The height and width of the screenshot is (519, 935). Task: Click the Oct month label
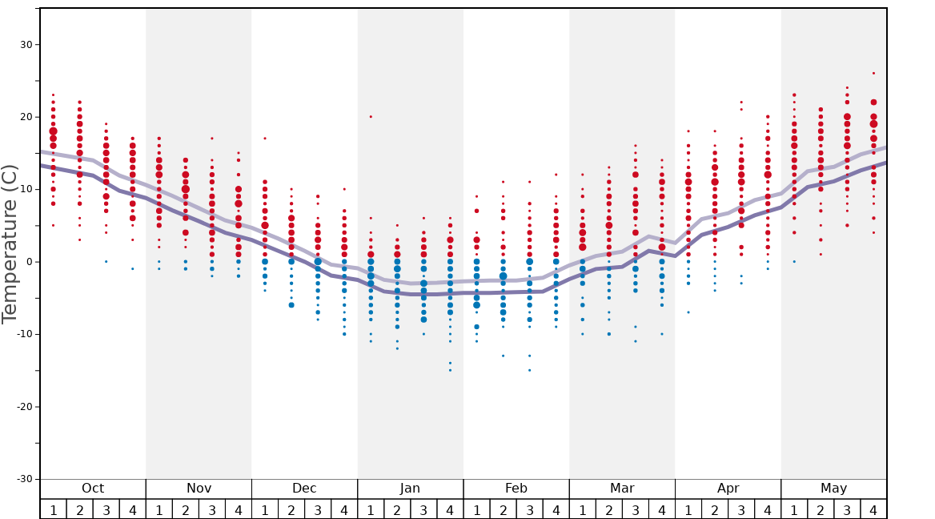93,489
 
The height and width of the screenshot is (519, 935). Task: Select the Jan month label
410,489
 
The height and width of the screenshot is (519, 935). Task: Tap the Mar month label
622,489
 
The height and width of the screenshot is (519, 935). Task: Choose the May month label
833,489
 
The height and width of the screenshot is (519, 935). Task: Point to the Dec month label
304,489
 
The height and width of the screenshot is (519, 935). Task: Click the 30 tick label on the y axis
26,45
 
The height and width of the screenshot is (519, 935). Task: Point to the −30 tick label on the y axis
22,479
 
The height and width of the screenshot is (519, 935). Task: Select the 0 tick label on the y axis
29,262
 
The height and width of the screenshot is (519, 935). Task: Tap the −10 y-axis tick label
22,334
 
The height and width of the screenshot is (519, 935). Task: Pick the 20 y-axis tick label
26,117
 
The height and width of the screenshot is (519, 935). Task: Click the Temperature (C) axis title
10,243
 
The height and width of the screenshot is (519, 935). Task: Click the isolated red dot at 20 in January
371,117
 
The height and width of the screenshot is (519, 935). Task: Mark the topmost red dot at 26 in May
873,74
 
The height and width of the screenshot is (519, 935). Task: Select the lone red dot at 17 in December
265,139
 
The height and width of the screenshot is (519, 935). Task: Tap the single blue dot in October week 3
106,262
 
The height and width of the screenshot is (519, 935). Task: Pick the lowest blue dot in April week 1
688,312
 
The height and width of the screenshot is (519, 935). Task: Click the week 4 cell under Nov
239,509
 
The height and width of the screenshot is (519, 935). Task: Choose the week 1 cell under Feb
476,509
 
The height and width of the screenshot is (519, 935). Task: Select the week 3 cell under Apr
741,509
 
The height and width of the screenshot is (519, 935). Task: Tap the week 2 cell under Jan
397,509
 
